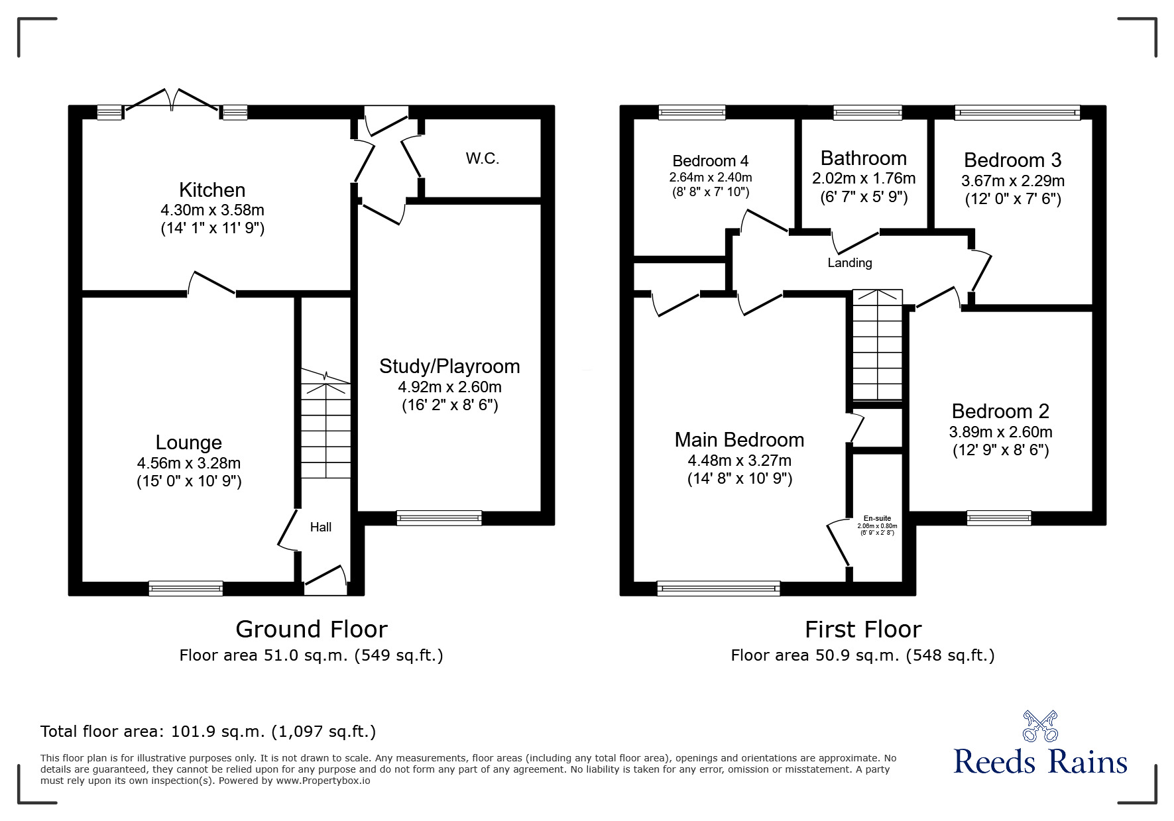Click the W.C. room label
[482, 158]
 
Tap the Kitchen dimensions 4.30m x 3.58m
[212, 210]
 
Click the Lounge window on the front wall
[186, 588]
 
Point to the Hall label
[321, 527]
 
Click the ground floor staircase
[325, 427]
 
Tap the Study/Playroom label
[449, 366]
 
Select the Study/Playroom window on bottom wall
[439, 518]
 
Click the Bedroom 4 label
[710, 161]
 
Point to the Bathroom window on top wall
[867, 113]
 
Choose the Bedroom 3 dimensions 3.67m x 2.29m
[1012, 181]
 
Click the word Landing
[849, 263]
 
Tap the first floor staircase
[877, 346]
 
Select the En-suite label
[877, 519]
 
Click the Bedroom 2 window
[998, 518]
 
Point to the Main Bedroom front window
[718, 588]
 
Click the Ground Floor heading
[311, 629]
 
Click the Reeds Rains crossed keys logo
[1039, 726]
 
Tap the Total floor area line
[208, 732]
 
